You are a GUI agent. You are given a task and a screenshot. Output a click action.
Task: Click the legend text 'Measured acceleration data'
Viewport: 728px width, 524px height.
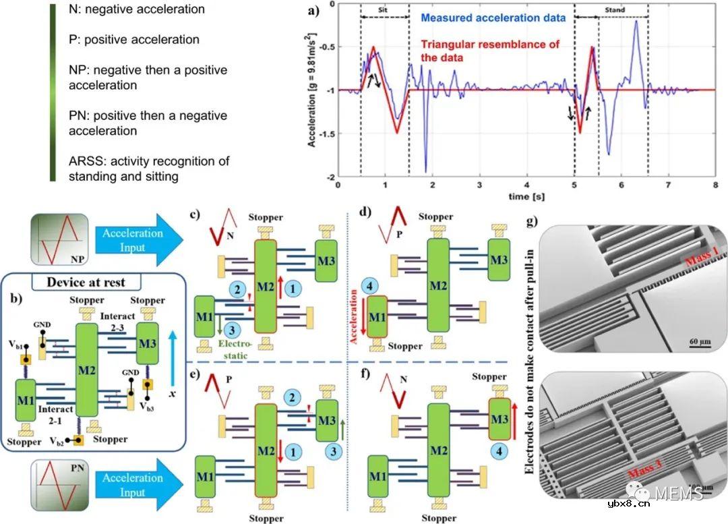[491, 18]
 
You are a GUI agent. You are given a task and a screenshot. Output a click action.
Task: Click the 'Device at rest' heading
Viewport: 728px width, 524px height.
[85, 281]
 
